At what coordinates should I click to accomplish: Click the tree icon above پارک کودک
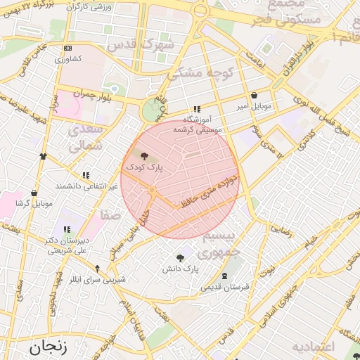(x=145, y=156)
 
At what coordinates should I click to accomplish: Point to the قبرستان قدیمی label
(x=226, y=287)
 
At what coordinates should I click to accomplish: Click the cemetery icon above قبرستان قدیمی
(x=224, y=276)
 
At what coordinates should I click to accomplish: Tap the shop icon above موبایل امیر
(x=253, y=96)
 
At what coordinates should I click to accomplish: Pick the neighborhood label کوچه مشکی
(x=195, y=72)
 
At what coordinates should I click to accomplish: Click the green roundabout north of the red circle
(x=150, y=111)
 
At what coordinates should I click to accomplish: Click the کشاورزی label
(x=68, y=58)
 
